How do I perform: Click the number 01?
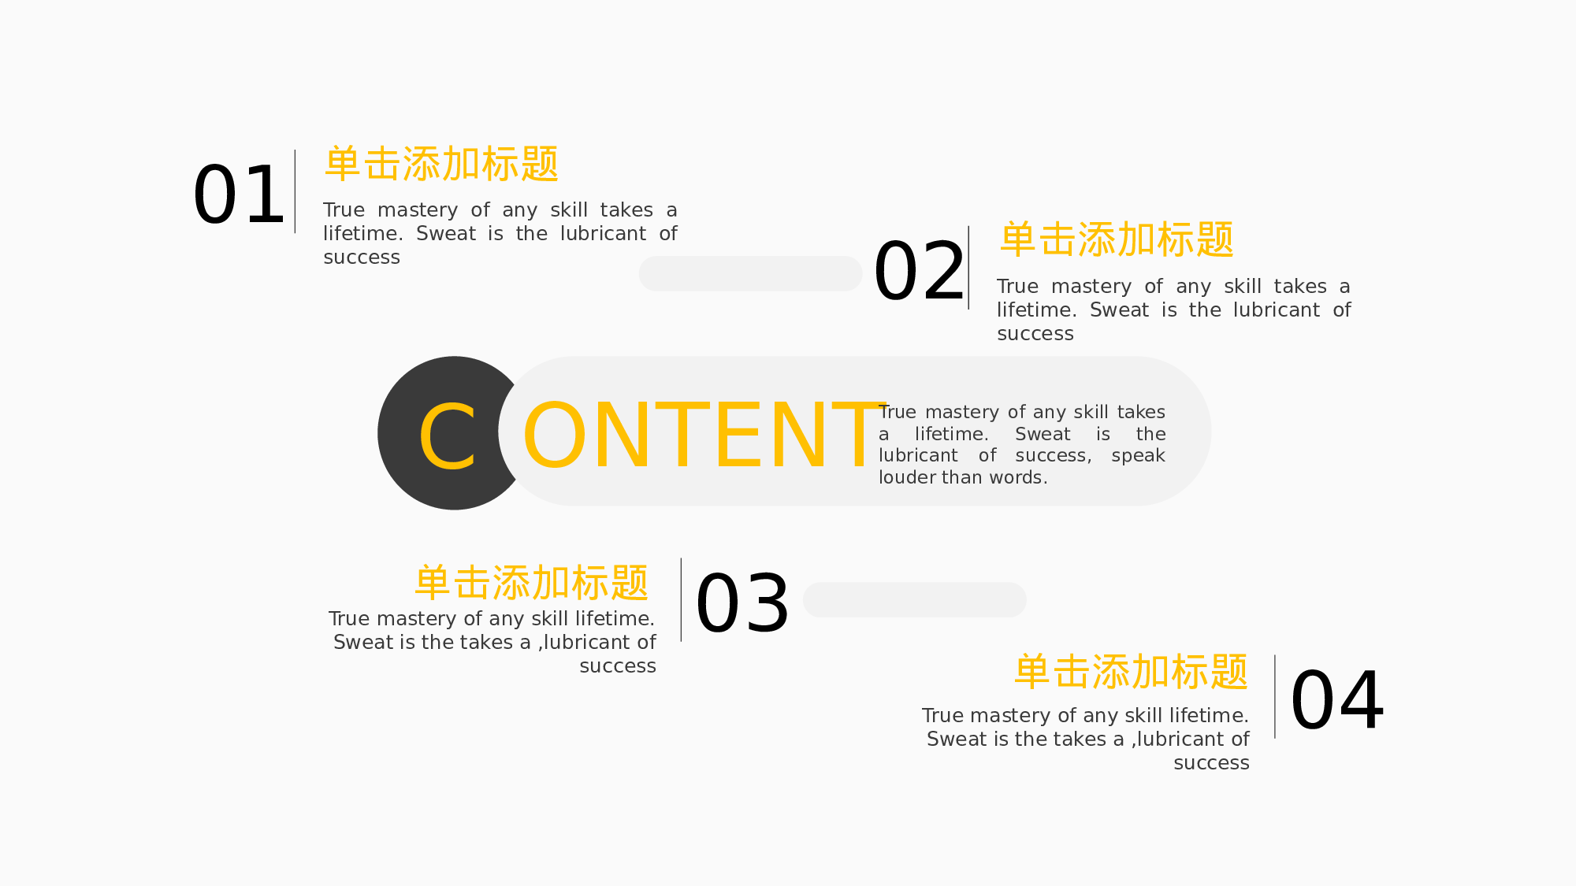(x=238, y=195)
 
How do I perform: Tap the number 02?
(x=919, y=271)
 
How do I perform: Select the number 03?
(x=742, y=603)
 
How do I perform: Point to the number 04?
(x=1337, y=700)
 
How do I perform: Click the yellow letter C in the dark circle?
(x=448, y=436)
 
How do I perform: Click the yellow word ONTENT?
(x=704, y=435)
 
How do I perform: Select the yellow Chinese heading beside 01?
(x=441, y=164)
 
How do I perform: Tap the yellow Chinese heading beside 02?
(x=1117, y=239)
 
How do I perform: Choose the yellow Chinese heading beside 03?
(x=532, y=583)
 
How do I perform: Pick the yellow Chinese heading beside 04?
(x=1131, y=672)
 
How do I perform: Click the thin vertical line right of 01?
(x=295, y=191)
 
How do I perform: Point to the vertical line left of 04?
(x=1275, y=696)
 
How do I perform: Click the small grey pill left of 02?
(x=750, y=273)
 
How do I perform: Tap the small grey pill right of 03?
(x=914, y=599)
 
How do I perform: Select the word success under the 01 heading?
(x=362, y=258)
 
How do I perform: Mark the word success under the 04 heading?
(x=1211, y=763)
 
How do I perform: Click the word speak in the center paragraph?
(x=1138, y=456)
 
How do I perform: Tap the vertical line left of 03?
(x=681, y=599)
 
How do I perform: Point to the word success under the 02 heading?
(x=1035, y=334)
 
